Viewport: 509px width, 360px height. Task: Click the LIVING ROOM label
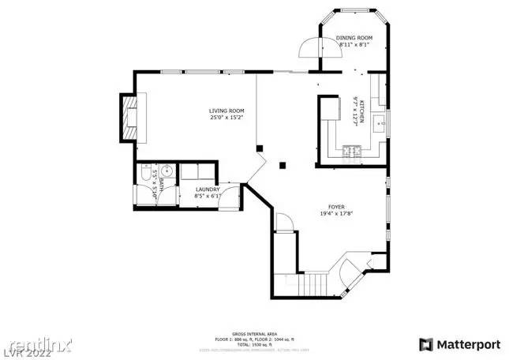click(226, 111)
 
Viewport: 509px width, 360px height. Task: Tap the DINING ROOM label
click(354, 38)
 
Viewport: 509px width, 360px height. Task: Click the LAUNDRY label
click(207, 189)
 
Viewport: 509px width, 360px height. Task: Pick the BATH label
click(162, 186)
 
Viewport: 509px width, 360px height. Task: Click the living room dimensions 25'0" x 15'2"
click(226, 118)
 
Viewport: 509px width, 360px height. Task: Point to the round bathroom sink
click(167, 170)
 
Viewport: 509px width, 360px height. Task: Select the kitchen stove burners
click(350, 150)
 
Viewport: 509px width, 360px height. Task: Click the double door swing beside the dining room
click(306, 49)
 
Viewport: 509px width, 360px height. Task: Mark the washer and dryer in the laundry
click(198, 172)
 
